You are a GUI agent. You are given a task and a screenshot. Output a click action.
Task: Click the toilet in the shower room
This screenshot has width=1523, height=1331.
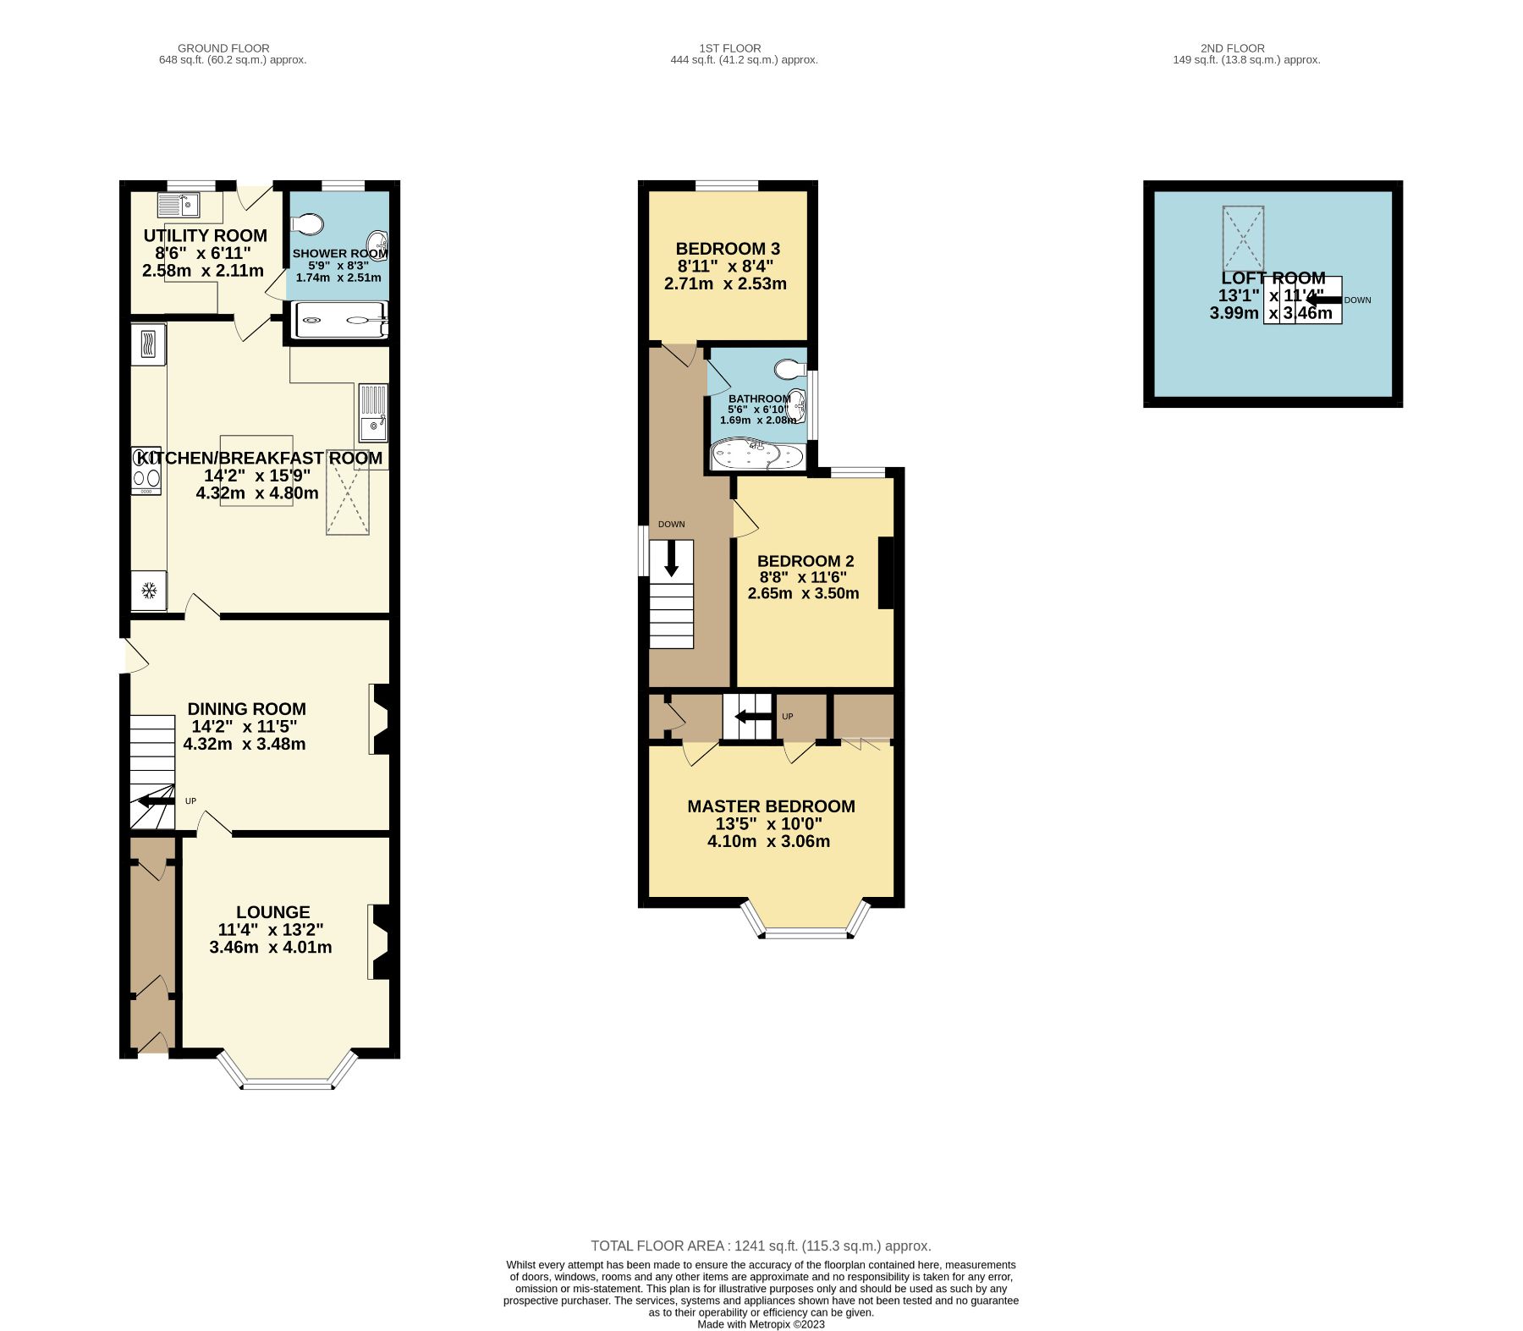(306, 224)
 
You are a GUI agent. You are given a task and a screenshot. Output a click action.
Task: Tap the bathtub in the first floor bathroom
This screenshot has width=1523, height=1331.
(757, 454)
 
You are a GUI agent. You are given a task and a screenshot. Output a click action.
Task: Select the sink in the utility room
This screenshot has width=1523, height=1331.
(178, 204)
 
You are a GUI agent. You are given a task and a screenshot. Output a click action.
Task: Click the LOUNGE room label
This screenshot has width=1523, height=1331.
(272, 912)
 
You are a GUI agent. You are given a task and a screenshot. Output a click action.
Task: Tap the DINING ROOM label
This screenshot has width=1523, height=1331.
(246, 709)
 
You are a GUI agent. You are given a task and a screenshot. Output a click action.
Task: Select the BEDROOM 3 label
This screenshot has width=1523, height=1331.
(728, 249)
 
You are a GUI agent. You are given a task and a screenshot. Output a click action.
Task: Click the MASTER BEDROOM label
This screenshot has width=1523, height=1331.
(771, 806)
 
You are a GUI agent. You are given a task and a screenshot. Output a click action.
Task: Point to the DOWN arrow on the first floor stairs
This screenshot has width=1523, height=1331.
(672, 558)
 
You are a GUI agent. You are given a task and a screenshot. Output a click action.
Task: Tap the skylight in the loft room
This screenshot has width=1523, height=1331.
(1243, 239)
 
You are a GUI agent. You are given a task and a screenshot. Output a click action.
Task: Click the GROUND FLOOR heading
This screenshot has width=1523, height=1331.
(224, 48)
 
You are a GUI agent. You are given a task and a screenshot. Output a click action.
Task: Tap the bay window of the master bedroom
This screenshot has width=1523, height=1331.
(805, 923)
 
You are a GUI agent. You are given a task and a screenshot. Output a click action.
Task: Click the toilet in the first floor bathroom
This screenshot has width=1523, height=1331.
(789, 369)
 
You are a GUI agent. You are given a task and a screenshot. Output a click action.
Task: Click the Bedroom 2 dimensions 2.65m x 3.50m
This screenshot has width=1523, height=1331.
(803, 593)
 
